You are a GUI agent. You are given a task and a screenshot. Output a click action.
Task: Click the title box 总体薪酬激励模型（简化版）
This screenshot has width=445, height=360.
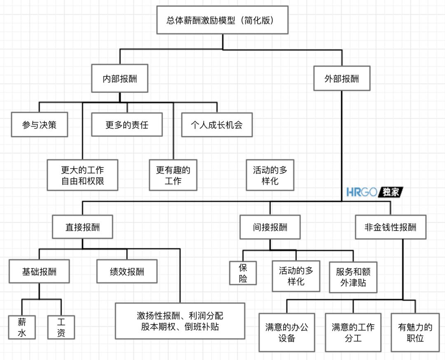[x=222, y=20]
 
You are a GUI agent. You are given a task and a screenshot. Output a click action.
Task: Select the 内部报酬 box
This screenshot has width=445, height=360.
[x=119, y=78]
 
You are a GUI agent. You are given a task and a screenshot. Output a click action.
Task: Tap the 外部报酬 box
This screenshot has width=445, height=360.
[x=342, y=78]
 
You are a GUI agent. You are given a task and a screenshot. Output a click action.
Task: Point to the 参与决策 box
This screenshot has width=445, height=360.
[x=39, y=124]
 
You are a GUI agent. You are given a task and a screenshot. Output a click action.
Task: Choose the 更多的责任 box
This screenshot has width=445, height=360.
[x=126, y=124]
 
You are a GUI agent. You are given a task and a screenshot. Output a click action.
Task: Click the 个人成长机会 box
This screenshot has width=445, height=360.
[x=217, y=124]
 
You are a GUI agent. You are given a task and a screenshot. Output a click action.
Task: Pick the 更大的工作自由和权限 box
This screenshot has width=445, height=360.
[x=82, y=175]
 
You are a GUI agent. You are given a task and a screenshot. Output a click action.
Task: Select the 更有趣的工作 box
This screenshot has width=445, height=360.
[x=173, y=175]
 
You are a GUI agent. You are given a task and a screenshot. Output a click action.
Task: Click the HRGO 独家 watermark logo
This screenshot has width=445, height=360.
[x=374, y=192]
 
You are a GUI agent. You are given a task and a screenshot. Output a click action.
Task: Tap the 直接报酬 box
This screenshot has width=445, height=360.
[x=82, y=227]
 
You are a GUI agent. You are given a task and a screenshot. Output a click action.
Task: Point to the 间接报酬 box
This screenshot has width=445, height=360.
[x=270, y=227]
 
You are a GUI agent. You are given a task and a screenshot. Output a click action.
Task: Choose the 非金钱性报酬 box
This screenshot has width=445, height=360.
[x=390, y=227]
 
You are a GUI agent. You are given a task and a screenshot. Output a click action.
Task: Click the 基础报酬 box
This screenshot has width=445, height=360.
[x=39, y=271]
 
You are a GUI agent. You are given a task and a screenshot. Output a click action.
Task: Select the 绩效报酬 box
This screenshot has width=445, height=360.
[x=127, y=271]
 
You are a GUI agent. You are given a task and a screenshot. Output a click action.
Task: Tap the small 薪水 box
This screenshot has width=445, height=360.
[x=22, y=327]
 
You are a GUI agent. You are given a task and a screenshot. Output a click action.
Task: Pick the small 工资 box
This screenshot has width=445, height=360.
[x=61, y=327]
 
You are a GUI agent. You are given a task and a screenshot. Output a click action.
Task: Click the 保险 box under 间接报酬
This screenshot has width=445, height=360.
[x=243, y=273]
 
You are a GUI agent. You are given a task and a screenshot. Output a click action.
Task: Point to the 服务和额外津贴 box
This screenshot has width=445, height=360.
[x=354, y=277]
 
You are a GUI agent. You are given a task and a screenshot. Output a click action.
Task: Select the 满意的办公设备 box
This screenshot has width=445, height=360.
[x=286, y=332]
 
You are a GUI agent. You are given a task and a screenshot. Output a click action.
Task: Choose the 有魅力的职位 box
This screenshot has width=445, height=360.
[x=415, y=332]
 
